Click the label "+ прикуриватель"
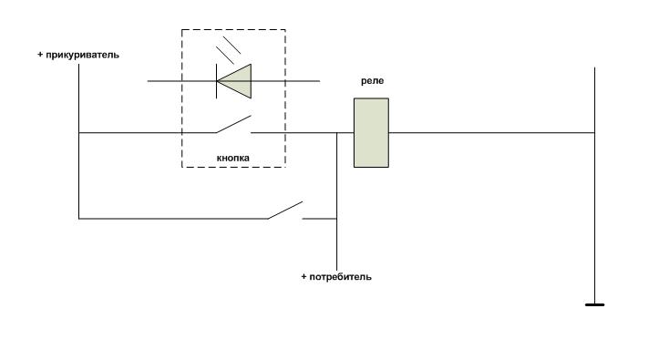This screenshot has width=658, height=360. (78, 55)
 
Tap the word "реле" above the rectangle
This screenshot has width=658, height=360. (372, 81)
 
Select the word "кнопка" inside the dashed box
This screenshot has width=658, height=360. (233, 159)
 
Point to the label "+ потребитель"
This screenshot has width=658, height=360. (336, 277)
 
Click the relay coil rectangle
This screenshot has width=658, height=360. (371, 132)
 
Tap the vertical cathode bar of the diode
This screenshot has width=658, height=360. (217, 81)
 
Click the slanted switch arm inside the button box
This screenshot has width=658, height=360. (233, 124)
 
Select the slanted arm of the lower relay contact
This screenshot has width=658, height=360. (285, 211)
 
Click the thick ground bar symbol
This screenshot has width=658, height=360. (594, 304)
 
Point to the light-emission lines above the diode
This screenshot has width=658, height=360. (228, 50)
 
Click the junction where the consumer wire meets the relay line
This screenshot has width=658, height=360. (336, 132)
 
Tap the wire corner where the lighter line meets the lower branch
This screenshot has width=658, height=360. (79, 219)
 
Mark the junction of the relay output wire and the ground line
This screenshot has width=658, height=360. (594, 132)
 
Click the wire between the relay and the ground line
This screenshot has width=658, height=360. (491, 132)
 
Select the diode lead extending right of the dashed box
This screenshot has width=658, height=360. (303, 81)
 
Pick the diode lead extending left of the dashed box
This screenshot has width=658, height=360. (164, 81)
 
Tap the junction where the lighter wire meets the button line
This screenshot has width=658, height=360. (79, 132)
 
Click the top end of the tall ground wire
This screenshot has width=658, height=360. (594, 67)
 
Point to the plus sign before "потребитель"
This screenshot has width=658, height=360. (303, 277)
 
